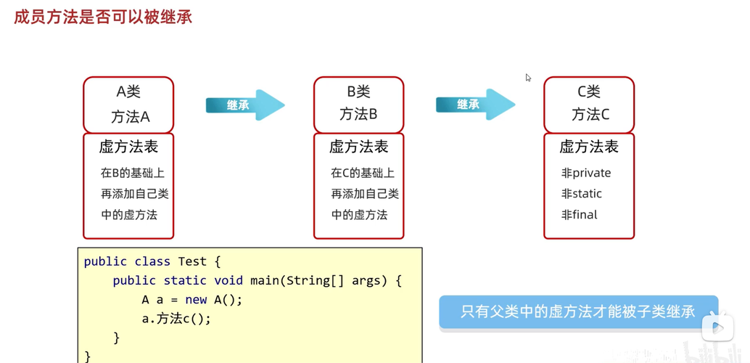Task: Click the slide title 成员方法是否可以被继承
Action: tap(103, 17)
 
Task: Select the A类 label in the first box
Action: tap(128, 92)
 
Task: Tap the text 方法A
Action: tap(130, 116)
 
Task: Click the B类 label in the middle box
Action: tap(358, 92)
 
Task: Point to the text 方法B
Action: tap(358, 115)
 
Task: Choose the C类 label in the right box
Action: tap(588, 92)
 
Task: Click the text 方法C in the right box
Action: tap(590, 115)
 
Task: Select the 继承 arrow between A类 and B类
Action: tap(244, 105)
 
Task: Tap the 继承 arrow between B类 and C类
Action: tap(474, 105)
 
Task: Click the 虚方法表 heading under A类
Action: tap(128, 147)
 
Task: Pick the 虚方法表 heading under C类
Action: tap(588, 147)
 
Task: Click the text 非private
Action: tap(586, 174)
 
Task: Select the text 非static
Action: tap(581, 194)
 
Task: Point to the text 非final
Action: tap(579, 215)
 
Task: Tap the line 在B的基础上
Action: tap(133, 174)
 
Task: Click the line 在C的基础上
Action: tap(363, 174)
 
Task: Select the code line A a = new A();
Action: tap(192, 300)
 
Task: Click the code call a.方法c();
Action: tap(176, 319)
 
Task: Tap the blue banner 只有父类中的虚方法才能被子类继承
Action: tap(577, 312)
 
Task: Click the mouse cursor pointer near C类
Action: tap(528, 77)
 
